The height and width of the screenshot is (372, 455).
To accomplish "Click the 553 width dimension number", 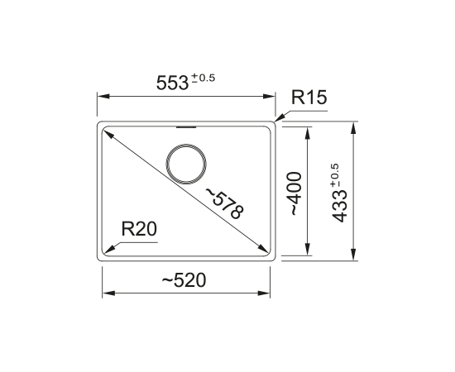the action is point(172,83).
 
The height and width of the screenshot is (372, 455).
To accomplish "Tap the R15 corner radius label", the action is point(309,97).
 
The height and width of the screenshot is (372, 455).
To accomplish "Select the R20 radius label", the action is point(139,229).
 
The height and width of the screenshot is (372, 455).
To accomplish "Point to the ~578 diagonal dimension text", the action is point(224,203).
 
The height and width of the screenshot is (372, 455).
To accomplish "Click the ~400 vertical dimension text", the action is point(295,193).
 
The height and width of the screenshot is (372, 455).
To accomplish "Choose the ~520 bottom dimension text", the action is point(184,280).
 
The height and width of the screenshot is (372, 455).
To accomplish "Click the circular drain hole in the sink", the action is point(186,165).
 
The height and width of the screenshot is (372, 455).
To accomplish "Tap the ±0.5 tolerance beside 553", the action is point(204,78).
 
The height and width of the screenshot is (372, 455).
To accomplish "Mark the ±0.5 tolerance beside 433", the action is point(334,176).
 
